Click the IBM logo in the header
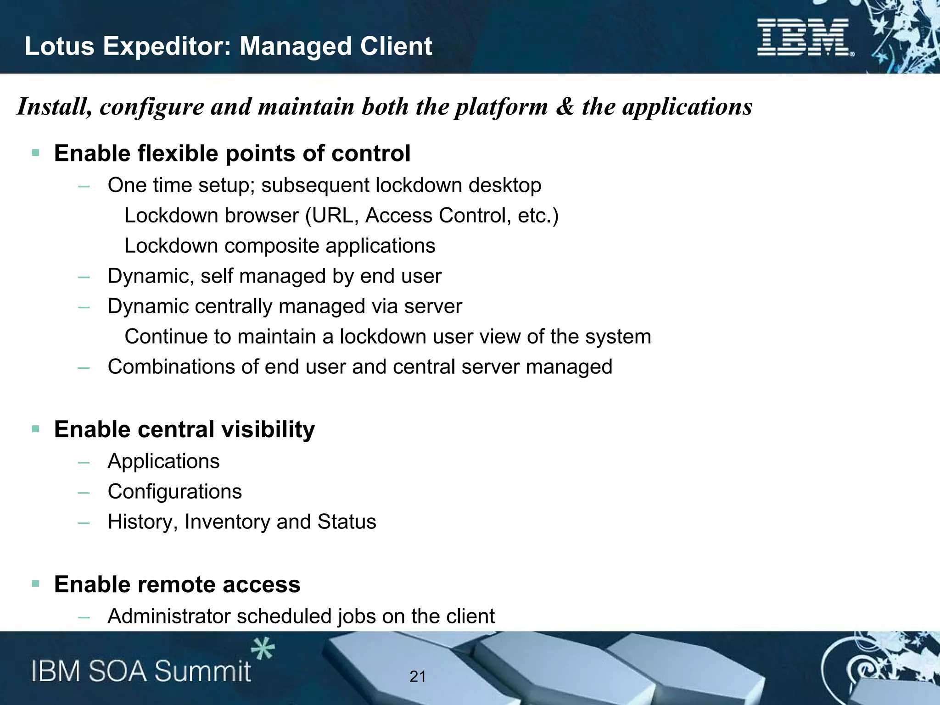click(804, 38)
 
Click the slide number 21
click(417, 677)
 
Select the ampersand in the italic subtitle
click(565, 106)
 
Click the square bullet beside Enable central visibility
click(36, 429)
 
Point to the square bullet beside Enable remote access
click(36, 584)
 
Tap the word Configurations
click(174, 492)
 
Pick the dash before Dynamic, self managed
click(84, 277)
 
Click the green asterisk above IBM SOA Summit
click(263, 649)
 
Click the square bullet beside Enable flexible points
click(36, 153)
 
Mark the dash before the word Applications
click(84, 462)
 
